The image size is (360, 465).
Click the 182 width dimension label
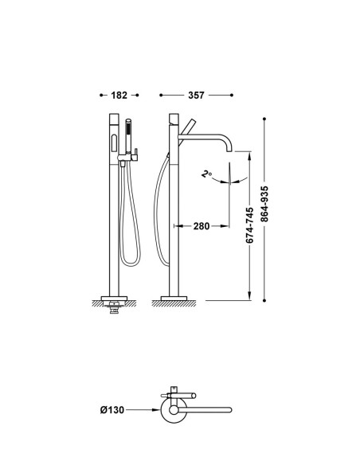119,96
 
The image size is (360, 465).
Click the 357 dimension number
196,96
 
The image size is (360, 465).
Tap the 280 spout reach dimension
202,226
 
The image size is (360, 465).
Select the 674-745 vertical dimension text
249,225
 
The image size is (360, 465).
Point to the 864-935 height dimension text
264,204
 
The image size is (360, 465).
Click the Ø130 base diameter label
112,410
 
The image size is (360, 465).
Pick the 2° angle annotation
206,174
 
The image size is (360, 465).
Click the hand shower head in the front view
128,135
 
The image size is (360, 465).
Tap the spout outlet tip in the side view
229,151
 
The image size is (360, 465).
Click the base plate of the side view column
174,298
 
